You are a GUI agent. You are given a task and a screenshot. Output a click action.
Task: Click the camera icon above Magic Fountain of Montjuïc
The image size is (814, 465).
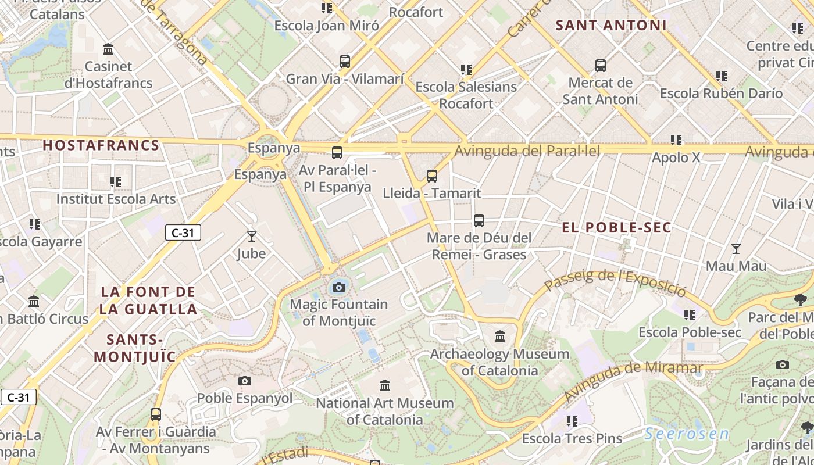339,287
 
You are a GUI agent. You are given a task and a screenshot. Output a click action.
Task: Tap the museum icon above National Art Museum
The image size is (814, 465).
384,386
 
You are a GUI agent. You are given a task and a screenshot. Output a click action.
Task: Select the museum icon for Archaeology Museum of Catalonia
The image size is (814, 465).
500,336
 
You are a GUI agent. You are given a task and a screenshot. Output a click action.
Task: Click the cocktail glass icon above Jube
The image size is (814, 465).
252,237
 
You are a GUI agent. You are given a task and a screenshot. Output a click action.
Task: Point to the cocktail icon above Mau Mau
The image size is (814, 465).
736,249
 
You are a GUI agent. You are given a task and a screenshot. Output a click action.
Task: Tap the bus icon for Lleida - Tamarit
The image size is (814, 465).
431,176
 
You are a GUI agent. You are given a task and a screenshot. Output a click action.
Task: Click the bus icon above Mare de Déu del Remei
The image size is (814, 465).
479,221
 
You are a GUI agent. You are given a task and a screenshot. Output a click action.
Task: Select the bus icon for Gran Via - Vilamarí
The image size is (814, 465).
345,62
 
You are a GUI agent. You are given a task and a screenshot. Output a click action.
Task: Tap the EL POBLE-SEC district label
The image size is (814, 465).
616,227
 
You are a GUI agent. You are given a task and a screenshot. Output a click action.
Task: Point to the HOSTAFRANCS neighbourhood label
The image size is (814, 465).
101,145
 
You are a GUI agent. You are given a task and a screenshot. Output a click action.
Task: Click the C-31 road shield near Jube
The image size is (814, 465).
183,233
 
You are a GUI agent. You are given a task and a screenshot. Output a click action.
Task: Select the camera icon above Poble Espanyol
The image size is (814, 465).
245,381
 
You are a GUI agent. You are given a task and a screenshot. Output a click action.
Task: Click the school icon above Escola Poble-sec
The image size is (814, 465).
690,315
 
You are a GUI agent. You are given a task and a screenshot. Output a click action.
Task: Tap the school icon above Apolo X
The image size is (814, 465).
676,140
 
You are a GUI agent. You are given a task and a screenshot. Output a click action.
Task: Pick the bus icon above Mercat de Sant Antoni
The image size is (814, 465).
601,66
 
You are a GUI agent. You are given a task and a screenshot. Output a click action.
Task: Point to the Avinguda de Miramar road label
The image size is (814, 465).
633,381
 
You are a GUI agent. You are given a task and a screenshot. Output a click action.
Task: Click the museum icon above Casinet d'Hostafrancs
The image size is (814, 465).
108,49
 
